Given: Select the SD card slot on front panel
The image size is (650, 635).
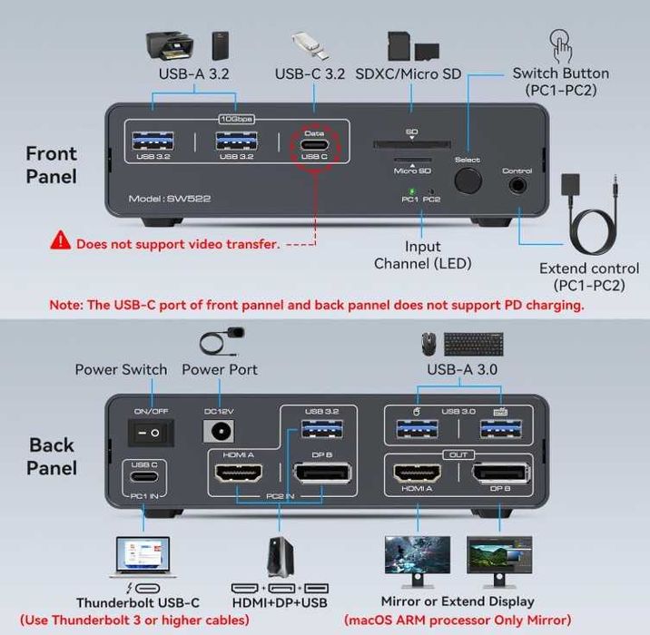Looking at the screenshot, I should click(x=411, y=144).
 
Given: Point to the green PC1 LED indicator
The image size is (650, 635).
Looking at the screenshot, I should click(x=410, y=190).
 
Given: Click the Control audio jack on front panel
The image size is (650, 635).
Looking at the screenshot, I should click(x=517, y=184).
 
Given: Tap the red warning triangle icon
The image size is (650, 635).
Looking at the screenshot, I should click(x=61, y=240).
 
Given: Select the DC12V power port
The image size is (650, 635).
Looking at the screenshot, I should click(x=220, y=432).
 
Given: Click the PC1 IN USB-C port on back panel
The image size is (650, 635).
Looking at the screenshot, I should click(x=144, y=475).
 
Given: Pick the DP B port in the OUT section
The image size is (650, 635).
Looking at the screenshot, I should click(x=501, y=473).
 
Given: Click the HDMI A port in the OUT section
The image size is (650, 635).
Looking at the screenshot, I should click(x=417, y=473).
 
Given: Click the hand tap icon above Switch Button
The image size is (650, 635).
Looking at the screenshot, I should click(x=560, y=44).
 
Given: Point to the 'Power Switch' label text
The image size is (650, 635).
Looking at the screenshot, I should click(x=121, y=369).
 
